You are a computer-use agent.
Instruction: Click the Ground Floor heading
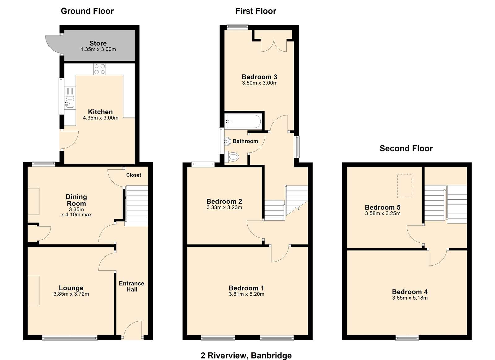click(87, 11)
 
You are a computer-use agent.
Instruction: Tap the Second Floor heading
click(406, 148)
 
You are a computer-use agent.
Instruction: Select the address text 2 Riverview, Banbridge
click(246, 355)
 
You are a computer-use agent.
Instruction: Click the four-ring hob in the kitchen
click(99, 69)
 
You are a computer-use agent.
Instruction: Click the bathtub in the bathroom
click(243, 121)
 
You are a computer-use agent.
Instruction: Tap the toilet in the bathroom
click(232, 157)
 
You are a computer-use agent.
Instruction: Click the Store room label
click(98, 43)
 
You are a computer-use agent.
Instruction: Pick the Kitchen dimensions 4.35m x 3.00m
click(101, 118)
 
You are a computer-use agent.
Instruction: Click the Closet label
click(133, 175)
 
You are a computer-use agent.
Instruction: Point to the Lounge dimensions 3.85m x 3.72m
click(71, 294)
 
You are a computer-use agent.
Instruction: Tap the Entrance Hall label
click(132, 286)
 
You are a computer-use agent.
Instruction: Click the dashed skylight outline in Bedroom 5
click(405, 186)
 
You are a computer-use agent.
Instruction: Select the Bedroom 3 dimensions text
click(260, 83)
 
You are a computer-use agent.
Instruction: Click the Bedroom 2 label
click(224, 201)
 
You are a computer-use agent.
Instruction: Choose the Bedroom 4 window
click(407, 338)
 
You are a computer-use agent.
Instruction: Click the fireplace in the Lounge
click(33, 291)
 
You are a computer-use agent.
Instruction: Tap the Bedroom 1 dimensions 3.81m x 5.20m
click(246, 294)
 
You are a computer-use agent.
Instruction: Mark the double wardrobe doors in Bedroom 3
click(274, 46)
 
